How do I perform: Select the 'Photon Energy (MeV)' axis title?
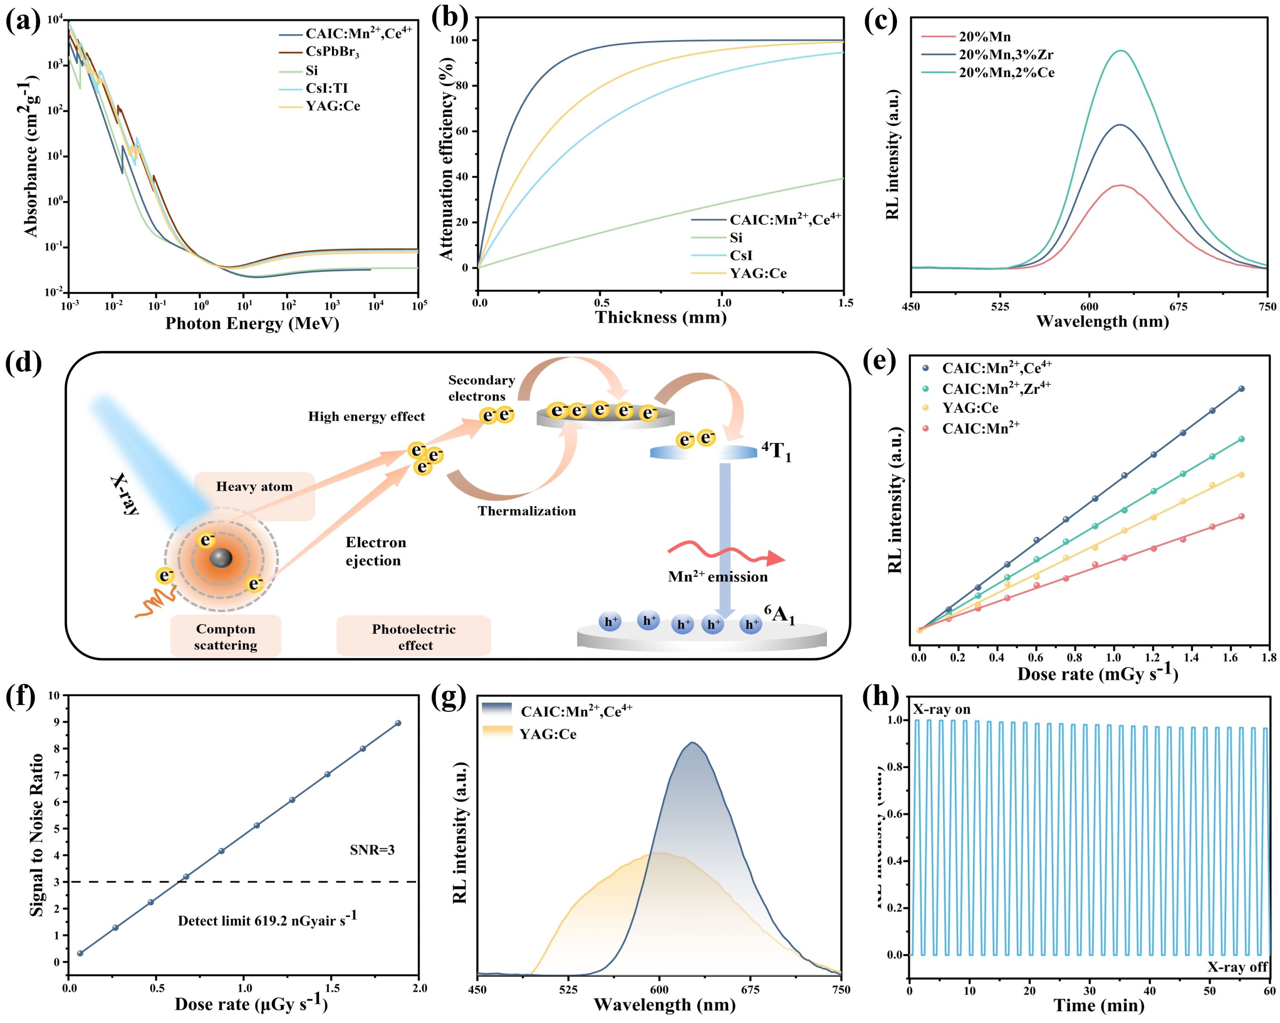point(252,324)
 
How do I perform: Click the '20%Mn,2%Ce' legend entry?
point(1007,73)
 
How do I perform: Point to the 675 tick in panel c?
point(1178,306)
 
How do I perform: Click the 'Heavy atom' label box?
point(254,487)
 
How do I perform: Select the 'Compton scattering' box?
point(226,636)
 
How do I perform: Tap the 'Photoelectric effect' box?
point(414,636)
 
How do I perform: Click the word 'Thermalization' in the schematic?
point(527,511)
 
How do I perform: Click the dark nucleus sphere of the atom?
point(221,558)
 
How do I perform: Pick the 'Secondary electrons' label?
point(481,388)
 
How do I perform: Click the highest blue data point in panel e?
point(1242,389)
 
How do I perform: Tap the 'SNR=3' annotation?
point(372,850)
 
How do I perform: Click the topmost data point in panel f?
point(398,723)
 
